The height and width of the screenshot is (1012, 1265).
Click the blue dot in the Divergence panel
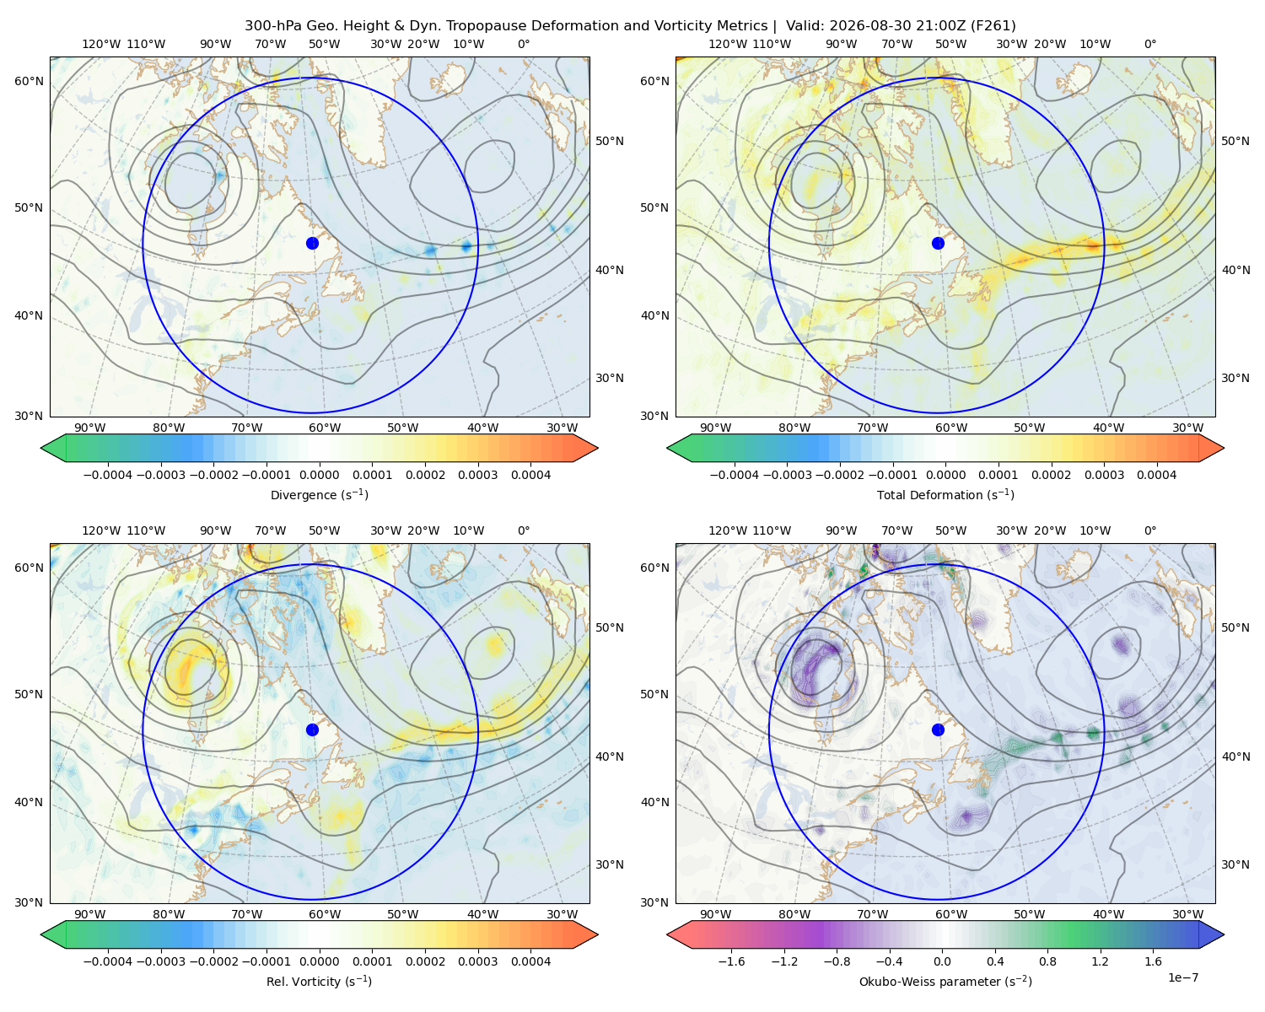[312, 243]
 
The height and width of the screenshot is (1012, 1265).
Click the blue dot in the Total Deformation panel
[938, 243]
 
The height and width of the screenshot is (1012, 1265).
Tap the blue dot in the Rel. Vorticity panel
[312, 729]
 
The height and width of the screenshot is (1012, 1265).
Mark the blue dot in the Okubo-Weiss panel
[938, 729]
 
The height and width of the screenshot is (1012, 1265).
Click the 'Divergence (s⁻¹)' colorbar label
[319, 494]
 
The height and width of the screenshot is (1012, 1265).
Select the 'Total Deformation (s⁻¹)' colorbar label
[945, 494]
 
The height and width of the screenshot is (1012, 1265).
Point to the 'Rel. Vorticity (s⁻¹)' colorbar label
[319, 981]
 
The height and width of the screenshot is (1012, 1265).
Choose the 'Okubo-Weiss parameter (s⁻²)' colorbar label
[945, 981]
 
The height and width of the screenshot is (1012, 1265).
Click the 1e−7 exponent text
[1182, 977]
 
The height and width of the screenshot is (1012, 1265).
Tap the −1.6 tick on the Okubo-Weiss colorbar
[731, 961]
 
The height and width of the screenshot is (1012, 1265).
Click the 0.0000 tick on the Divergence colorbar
[319, 475]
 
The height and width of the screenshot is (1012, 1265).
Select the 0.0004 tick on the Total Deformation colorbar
[1156, 475]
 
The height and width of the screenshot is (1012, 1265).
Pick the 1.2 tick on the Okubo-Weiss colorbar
[1100, 961]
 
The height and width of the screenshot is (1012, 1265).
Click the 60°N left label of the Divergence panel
[29, 81]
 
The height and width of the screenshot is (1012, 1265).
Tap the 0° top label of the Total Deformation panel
[1149, 44]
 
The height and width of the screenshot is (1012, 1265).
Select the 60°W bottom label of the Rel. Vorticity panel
[325, 914]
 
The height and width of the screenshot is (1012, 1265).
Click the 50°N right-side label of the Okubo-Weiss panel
[1235, 627]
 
